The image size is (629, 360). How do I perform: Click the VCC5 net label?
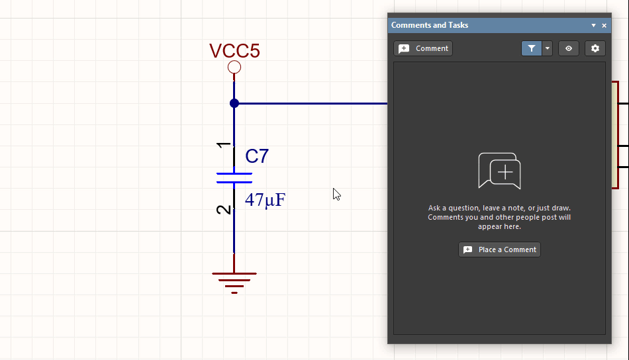pyautogui.click(x=234, y=51)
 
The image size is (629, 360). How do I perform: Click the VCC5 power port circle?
pyautogui.click(x=234, y=67)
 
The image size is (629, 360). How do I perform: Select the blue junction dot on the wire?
pyautogui.click(x=234, y=103)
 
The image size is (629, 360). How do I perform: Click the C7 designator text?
pyautogui.click(x=257, y=157)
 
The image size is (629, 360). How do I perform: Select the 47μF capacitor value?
pyautogui.click(x=265, y=200)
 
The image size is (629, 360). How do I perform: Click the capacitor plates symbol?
pyautogui.click(x=234, y=177)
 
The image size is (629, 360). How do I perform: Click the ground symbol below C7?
pyautogui.click(x=234, y=281)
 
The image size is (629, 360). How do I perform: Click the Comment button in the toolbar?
pyautogui.click(x=423, y=48)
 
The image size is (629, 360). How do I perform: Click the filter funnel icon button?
pyautogui.click(x=532, y=48)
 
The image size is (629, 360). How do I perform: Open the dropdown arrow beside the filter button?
pyautogui.click(x=548, y=48)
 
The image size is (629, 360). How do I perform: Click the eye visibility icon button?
pyautogui.click(x=569, y=48)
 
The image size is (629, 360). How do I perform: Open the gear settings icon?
pyautogui.click(x=595, y=48)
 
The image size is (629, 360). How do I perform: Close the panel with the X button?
pyautogui.click(x=605, y=25)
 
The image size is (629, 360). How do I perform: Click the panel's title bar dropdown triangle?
pyautogui.click(x=594, y=25)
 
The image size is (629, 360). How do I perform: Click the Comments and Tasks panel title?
pyautogui.click(x=430, y=25)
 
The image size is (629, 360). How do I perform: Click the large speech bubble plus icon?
pyautogui.click(x=500, y=171)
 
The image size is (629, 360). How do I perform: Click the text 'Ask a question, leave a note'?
pyautogui.click(x=499, y=208)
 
